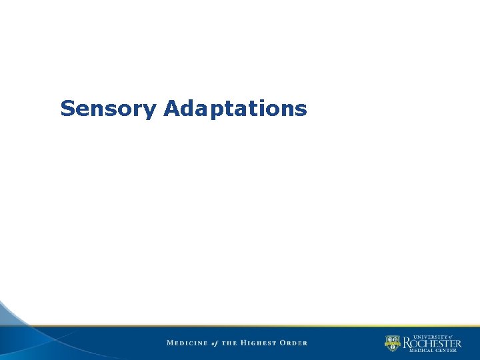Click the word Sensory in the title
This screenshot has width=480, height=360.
pyautogui.click(x=109, y=109)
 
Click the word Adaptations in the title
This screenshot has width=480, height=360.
pyautogui.click(x=235, y=108)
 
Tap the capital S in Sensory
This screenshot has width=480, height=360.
pyautogui.click(x=67, y=108)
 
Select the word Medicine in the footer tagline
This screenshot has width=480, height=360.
pyautogui.click(x=186, y=343)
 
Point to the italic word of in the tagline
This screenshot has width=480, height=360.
pyautogui.click(x=215, y=343)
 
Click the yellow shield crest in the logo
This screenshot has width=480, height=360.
pyautogui.click(x=392, y=343)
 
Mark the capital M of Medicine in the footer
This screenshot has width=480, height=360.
pyautogui.click(x=170, y=343)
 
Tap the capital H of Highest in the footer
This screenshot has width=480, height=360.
pyautogui.click(x=245, y=343)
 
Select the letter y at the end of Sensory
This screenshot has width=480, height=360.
pyautogui.click(x=151, y=110)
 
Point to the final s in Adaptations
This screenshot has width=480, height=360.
pyautogui.click(x=302, y=109)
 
